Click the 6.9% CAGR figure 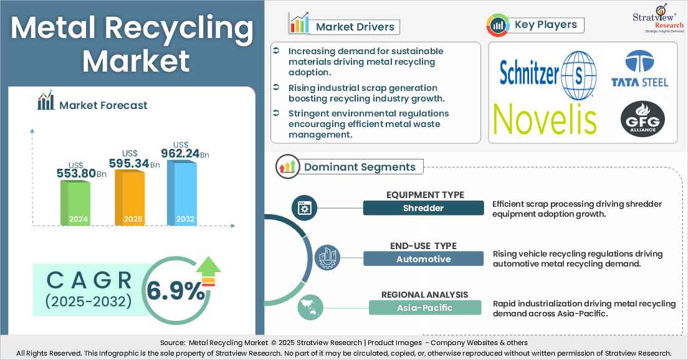[x=175, y=291]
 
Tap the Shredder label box [x=423, y=208]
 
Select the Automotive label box [x=423, y=258]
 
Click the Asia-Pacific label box [x=425, y=308]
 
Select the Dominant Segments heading [x=360, y=167]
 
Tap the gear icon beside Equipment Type [x=305, y=207]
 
